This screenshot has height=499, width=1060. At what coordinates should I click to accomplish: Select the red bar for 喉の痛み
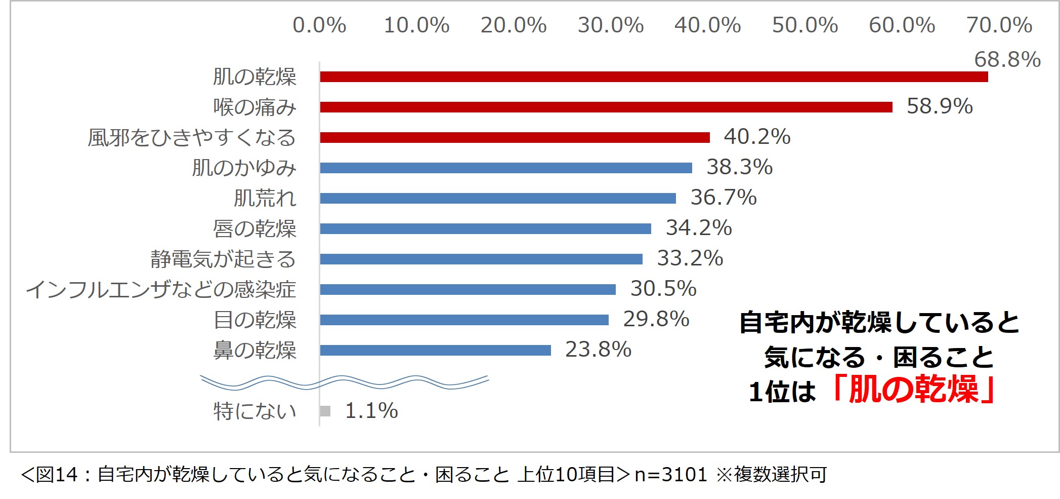[x=606, y=107]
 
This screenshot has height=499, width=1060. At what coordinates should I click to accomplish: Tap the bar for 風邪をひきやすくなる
[x=515, y=137]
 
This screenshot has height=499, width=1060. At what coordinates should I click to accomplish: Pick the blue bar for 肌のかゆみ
[x=505, y=168]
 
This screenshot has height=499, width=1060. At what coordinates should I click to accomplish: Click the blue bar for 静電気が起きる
[x=481, y=259]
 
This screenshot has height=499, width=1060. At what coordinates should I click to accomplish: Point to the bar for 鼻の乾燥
[x=435, y=350]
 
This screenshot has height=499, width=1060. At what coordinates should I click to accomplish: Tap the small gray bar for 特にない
[x=325, y=411]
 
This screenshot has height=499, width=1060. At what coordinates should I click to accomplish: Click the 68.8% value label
[x=1007, y=60]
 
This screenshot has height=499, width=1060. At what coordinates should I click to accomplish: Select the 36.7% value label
[x=724, y=197]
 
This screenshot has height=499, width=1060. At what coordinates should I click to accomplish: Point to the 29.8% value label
[x=656, y=319]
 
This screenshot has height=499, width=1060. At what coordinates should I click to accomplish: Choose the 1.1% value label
[x=371, y=411]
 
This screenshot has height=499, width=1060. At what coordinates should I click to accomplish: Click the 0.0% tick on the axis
[x=319, y=25]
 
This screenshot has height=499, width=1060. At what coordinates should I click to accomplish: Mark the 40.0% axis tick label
[x=707, y=25]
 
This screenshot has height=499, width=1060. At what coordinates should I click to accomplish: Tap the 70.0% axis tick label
[x=999, y=25]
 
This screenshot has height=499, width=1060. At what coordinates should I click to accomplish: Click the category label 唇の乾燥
[x=255, y=228]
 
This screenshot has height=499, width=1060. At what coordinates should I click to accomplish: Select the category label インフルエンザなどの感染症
[x=161, y=289]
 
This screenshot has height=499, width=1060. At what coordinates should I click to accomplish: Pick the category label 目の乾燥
[x=255, y=320]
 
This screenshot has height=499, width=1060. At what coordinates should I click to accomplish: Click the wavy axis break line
[x=344, y=382]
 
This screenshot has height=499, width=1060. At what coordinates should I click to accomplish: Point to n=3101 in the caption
[x=670, y=475]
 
